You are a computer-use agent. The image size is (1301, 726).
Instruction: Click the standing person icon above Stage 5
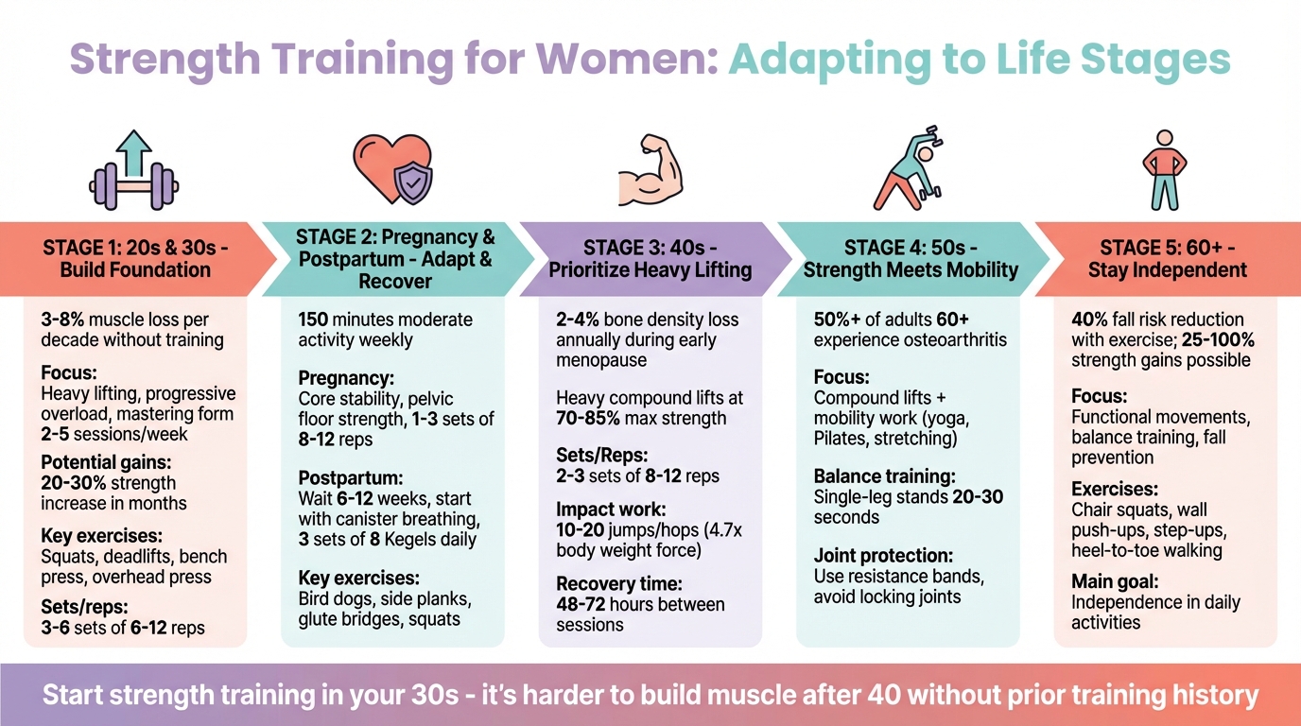[1164, 171]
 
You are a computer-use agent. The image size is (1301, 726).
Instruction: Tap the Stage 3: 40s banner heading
[650, 259]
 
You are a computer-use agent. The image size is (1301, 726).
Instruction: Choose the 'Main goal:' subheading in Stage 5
[1115, 582]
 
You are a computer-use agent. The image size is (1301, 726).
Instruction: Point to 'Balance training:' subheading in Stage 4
[885, 476]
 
